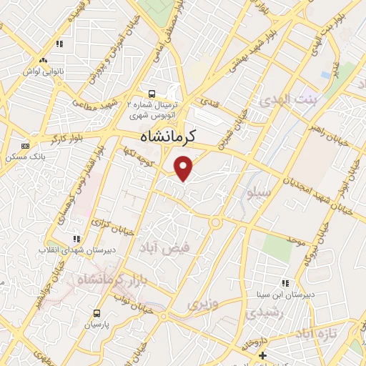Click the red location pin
click(184, 169)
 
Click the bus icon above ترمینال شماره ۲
click(151, 93)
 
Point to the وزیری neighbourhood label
click(201, 305)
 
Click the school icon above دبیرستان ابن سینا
click(285, 283)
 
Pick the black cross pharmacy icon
click(263, 355)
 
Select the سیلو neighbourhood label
click(258, 193)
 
